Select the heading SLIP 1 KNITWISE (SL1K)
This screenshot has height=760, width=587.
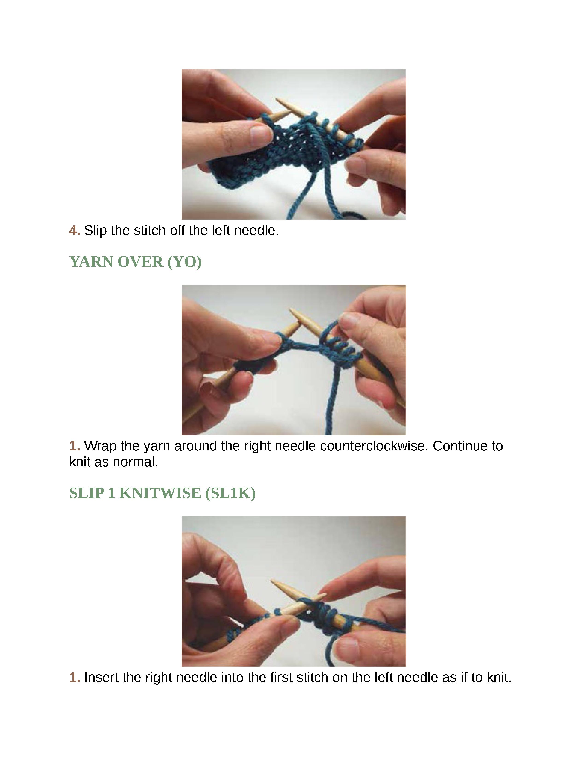162,493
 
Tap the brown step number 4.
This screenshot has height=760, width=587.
74,230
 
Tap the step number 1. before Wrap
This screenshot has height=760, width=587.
74,446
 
